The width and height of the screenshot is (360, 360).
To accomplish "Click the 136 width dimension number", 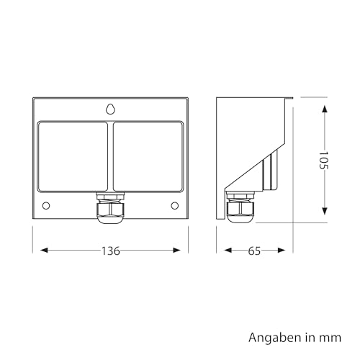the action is [x=111, y=251].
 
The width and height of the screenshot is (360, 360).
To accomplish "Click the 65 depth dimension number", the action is [x=254, y=251].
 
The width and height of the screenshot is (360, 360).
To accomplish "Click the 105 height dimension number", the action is [x=323, y=160].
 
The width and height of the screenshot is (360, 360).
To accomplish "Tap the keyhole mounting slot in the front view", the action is [x=110, y=109].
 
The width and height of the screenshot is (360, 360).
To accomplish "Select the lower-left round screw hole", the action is [x=46, y=206].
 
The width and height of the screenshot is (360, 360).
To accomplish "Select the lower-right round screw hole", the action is [x=175, y=206].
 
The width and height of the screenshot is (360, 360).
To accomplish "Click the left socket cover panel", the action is [x=73, y=156].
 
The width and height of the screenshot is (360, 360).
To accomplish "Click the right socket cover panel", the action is [x=148, y=156].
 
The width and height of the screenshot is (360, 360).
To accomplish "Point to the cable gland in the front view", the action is [x=110, y=208].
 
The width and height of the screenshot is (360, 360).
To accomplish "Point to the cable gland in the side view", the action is [x=240, y=207].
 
